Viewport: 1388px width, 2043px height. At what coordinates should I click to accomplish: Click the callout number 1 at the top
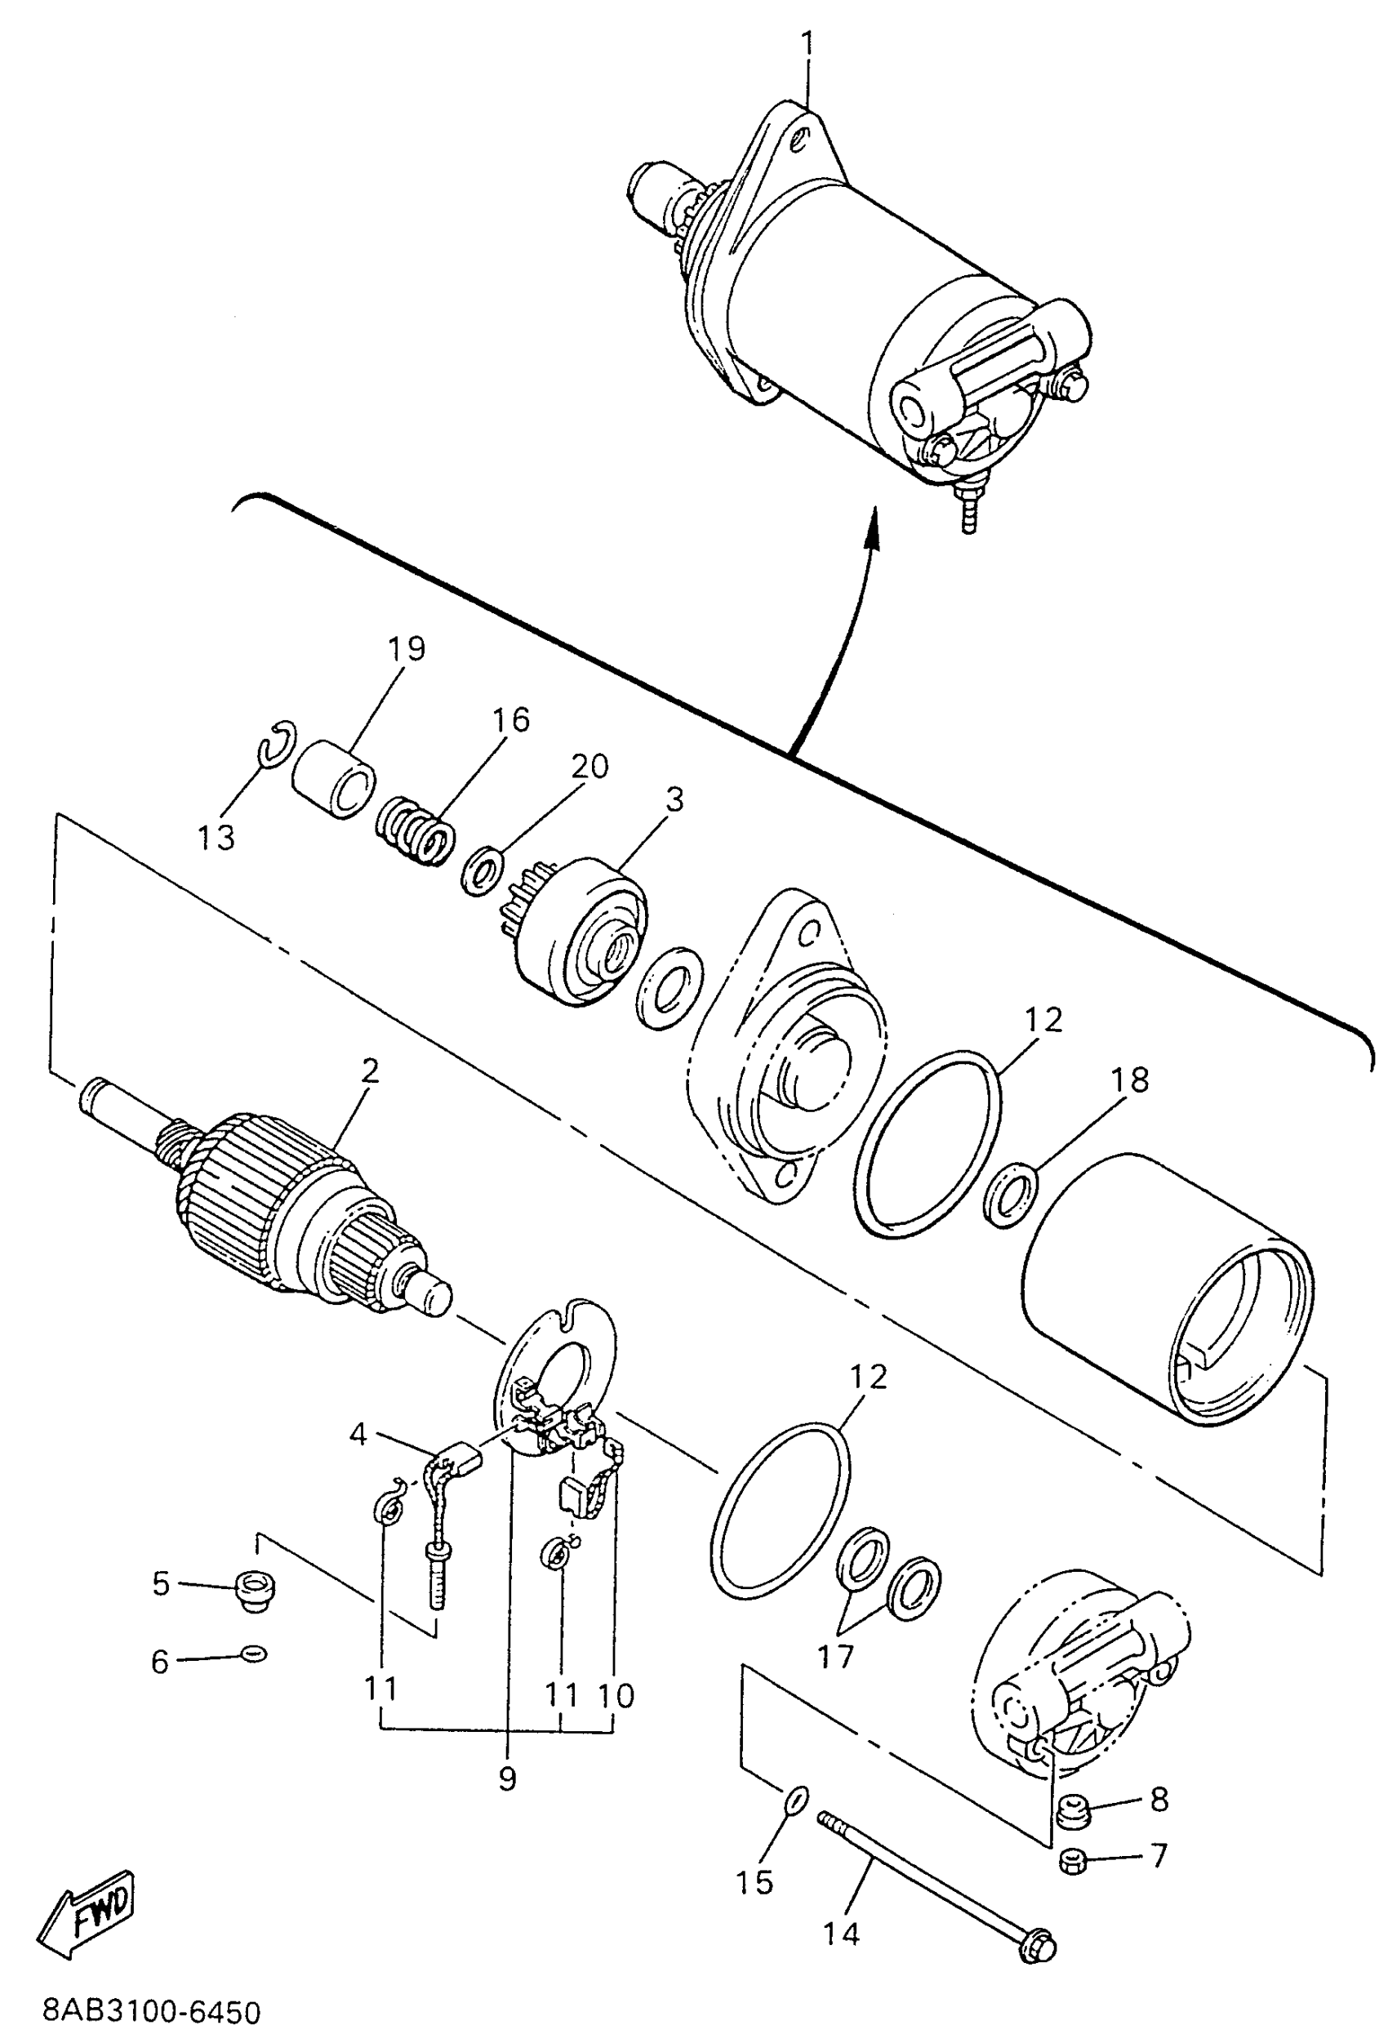pos(807,42)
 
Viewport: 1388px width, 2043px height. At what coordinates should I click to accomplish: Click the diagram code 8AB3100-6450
pos(151,2012)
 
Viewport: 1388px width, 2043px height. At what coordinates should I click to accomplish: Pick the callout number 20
pos(588,766)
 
